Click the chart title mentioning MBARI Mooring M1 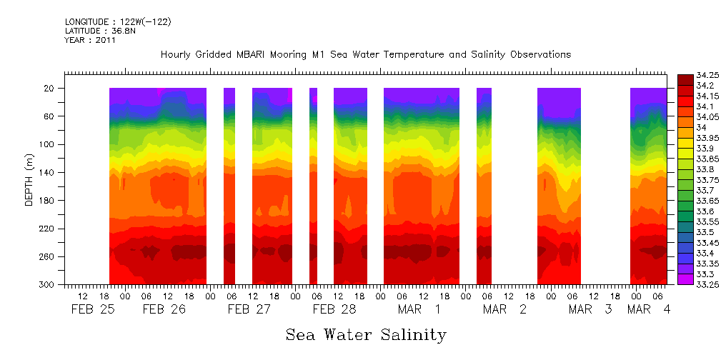pos(365,55)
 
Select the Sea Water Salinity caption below pos(366,335)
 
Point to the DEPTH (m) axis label pos(29,179)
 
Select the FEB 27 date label pos(249,309)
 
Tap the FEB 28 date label pos(334,309)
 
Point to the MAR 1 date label pos(419,309)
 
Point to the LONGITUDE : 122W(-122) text pos(118,22)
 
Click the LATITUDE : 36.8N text pos(98,31)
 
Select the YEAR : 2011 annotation pos(90,41)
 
